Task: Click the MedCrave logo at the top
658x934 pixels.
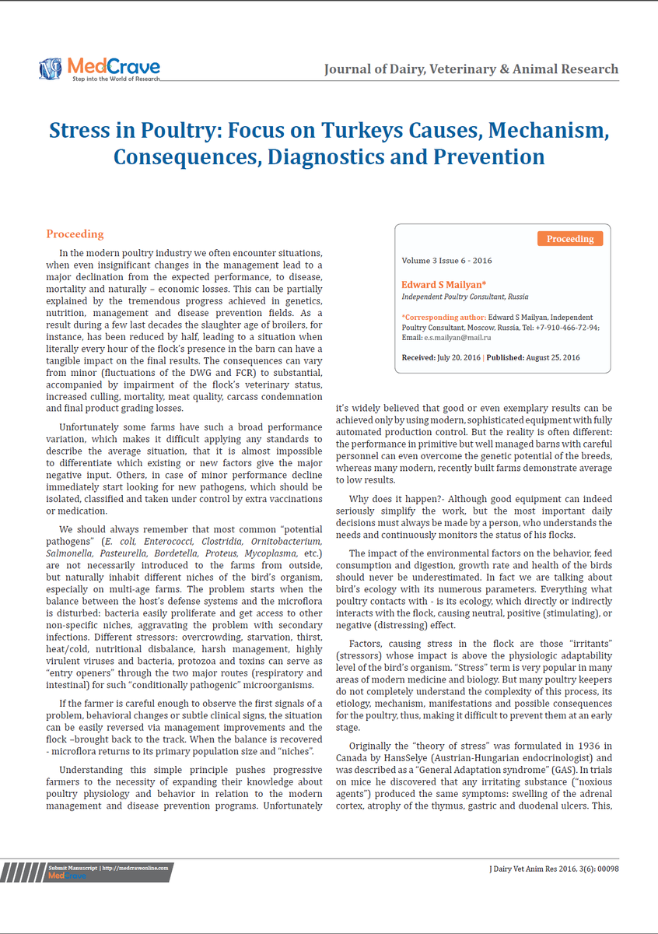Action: [99, 68]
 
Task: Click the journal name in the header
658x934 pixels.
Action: [471, 69]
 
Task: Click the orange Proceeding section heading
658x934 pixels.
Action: [75, 234]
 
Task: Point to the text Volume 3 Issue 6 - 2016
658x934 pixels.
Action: [446, 261]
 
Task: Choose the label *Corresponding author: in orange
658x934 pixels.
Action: [443, 318]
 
